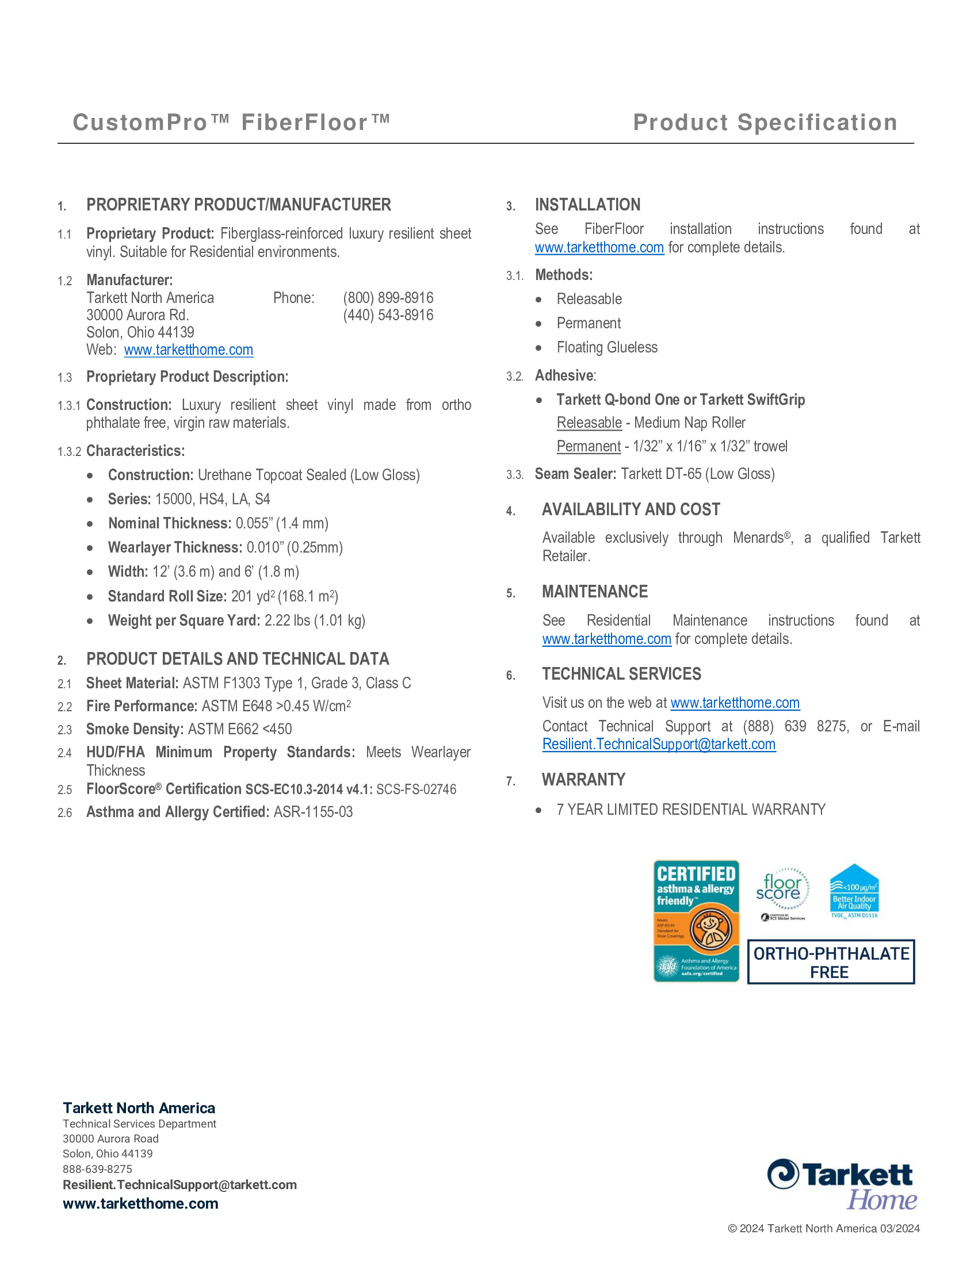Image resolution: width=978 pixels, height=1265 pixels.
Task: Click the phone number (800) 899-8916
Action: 388,298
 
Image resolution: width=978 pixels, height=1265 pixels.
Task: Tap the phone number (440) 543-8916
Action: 388,315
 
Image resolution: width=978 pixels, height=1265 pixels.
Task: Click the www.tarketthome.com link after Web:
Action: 188,350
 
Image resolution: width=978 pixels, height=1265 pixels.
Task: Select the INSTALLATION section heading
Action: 587,205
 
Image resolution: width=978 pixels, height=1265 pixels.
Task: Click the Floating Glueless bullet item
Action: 606,347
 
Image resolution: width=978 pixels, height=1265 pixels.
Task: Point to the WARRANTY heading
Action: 583,780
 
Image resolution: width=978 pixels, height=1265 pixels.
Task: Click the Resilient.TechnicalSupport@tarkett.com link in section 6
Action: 658,744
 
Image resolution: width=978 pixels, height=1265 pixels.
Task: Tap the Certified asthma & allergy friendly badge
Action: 696,921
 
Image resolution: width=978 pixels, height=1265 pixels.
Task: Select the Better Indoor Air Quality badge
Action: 854,892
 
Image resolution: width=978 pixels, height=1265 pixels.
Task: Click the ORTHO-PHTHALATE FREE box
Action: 830,962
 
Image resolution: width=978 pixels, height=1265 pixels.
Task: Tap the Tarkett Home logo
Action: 842,1184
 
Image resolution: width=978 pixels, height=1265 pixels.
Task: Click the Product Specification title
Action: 765,123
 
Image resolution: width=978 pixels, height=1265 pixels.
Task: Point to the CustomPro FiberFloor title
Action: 231,123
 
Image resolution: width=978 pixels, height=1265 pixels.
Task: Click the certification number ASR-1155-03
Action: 313,812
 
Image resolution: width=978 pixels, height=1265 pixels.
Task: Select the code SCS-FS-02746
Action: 416,789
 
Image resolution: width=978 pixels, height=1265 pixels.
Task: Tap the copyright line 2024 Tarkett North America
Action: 823,1229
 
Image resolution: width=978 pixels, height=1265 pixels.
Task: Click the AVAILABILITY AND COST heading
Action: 631,509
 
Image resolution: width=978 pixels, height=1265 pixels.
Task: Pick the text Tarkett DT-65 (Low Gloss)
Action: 698,474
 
